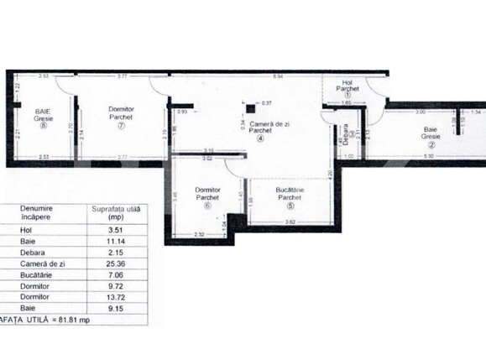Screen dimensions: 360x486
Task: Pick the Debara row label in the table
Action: (x=18, y=249)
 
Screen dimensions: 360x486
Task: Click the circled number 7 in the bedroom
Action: (x=122, y=127)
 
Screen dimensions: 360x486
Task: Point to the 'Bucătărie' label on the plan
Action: (x=290, y=191)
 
